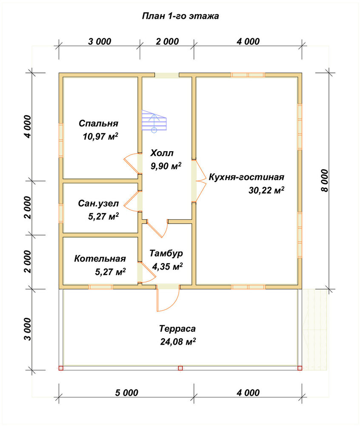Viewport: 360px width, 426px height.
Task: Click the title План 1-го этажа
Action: [180, 16]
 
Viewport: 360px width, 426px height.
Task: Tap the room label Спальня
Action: [98, 123]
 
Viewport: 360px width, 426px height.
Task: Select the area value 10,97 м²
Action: [100, 136]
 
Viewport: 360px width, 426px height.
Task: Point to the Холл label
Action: [162, 153]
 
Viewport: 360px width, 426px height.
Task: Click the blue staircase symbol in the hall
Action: [154, 121]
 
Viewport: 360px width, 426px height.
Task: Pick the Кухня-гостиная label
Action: [246, 177]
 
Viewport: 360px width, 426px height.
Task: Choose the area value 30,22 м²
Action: [266, 190]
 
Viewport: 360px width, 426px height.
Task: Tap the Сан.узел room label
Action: [98, 203]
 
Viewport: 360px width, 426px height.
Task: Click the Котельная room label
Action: [100, 259]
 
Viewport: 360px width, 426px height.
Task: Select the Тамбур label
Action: [166, 253]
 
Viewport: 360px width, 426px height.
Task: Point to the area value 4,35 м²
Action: [167, 266]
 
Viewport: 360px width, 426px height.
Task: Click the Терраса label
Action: [177, 328]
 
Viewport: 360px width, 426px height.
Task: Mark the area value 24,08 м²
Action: [178, 342]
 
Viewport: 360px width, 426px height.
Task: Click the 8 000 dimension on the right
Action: [324, 181]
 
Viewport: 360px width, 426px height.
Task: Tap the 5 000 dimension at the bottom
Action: [126, 393]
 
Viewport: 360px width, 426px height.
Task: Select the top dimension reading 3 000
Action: [100, 41]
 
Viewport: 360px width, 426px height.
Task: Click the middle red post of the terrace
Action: [180, 368]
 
